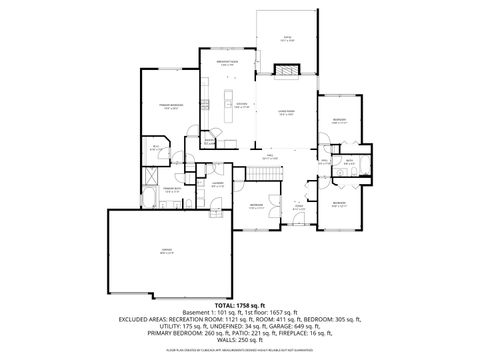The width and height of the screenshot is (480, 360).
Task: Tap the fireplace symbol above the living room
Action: click(x=287, y=71)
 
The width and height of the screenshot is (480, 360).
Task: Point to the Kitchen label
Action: click(x=241, y=105)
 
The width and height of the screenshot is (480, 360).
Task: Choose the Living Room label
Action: click(x=286, y=113)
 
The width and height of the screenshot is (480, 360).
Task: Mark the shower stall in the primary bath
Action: click(x=152, y=173)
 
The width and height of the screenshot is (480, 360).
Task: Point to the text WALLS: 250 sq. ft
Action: click(x=240, y=340)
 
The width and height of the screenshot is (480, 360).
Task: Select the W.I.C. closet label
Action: click(x=156, y=147)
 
